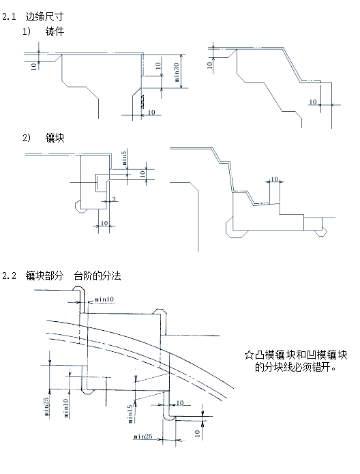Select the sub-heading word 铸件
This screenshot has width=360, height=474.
click(x=57, y=32)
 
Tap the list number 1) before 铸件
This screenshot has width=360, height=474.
click(x=28, y=32)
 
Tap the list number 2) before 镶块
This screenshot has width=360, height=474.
click(x=28, y=138)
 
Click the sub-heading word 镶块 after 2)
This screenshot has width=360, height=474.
click(x=57, y=138)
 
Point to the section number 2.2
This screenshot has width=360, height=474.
click(x=10, y=276)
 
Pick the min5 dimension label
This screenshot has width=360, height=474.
click(x=124, y=158)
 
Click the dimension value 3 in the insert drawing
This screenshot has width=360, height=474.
click(x=113, y=200)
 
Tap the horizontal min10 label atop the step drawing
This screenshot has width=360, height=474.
click(x=106, y=299)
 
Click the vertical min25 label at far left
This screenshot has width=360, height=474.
click(x=46, y=405)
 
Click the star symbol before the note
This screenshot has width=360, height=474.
click(x=248, y=355)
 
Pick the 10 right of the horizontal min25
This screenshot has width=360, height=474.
click(x=197, y=432)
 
